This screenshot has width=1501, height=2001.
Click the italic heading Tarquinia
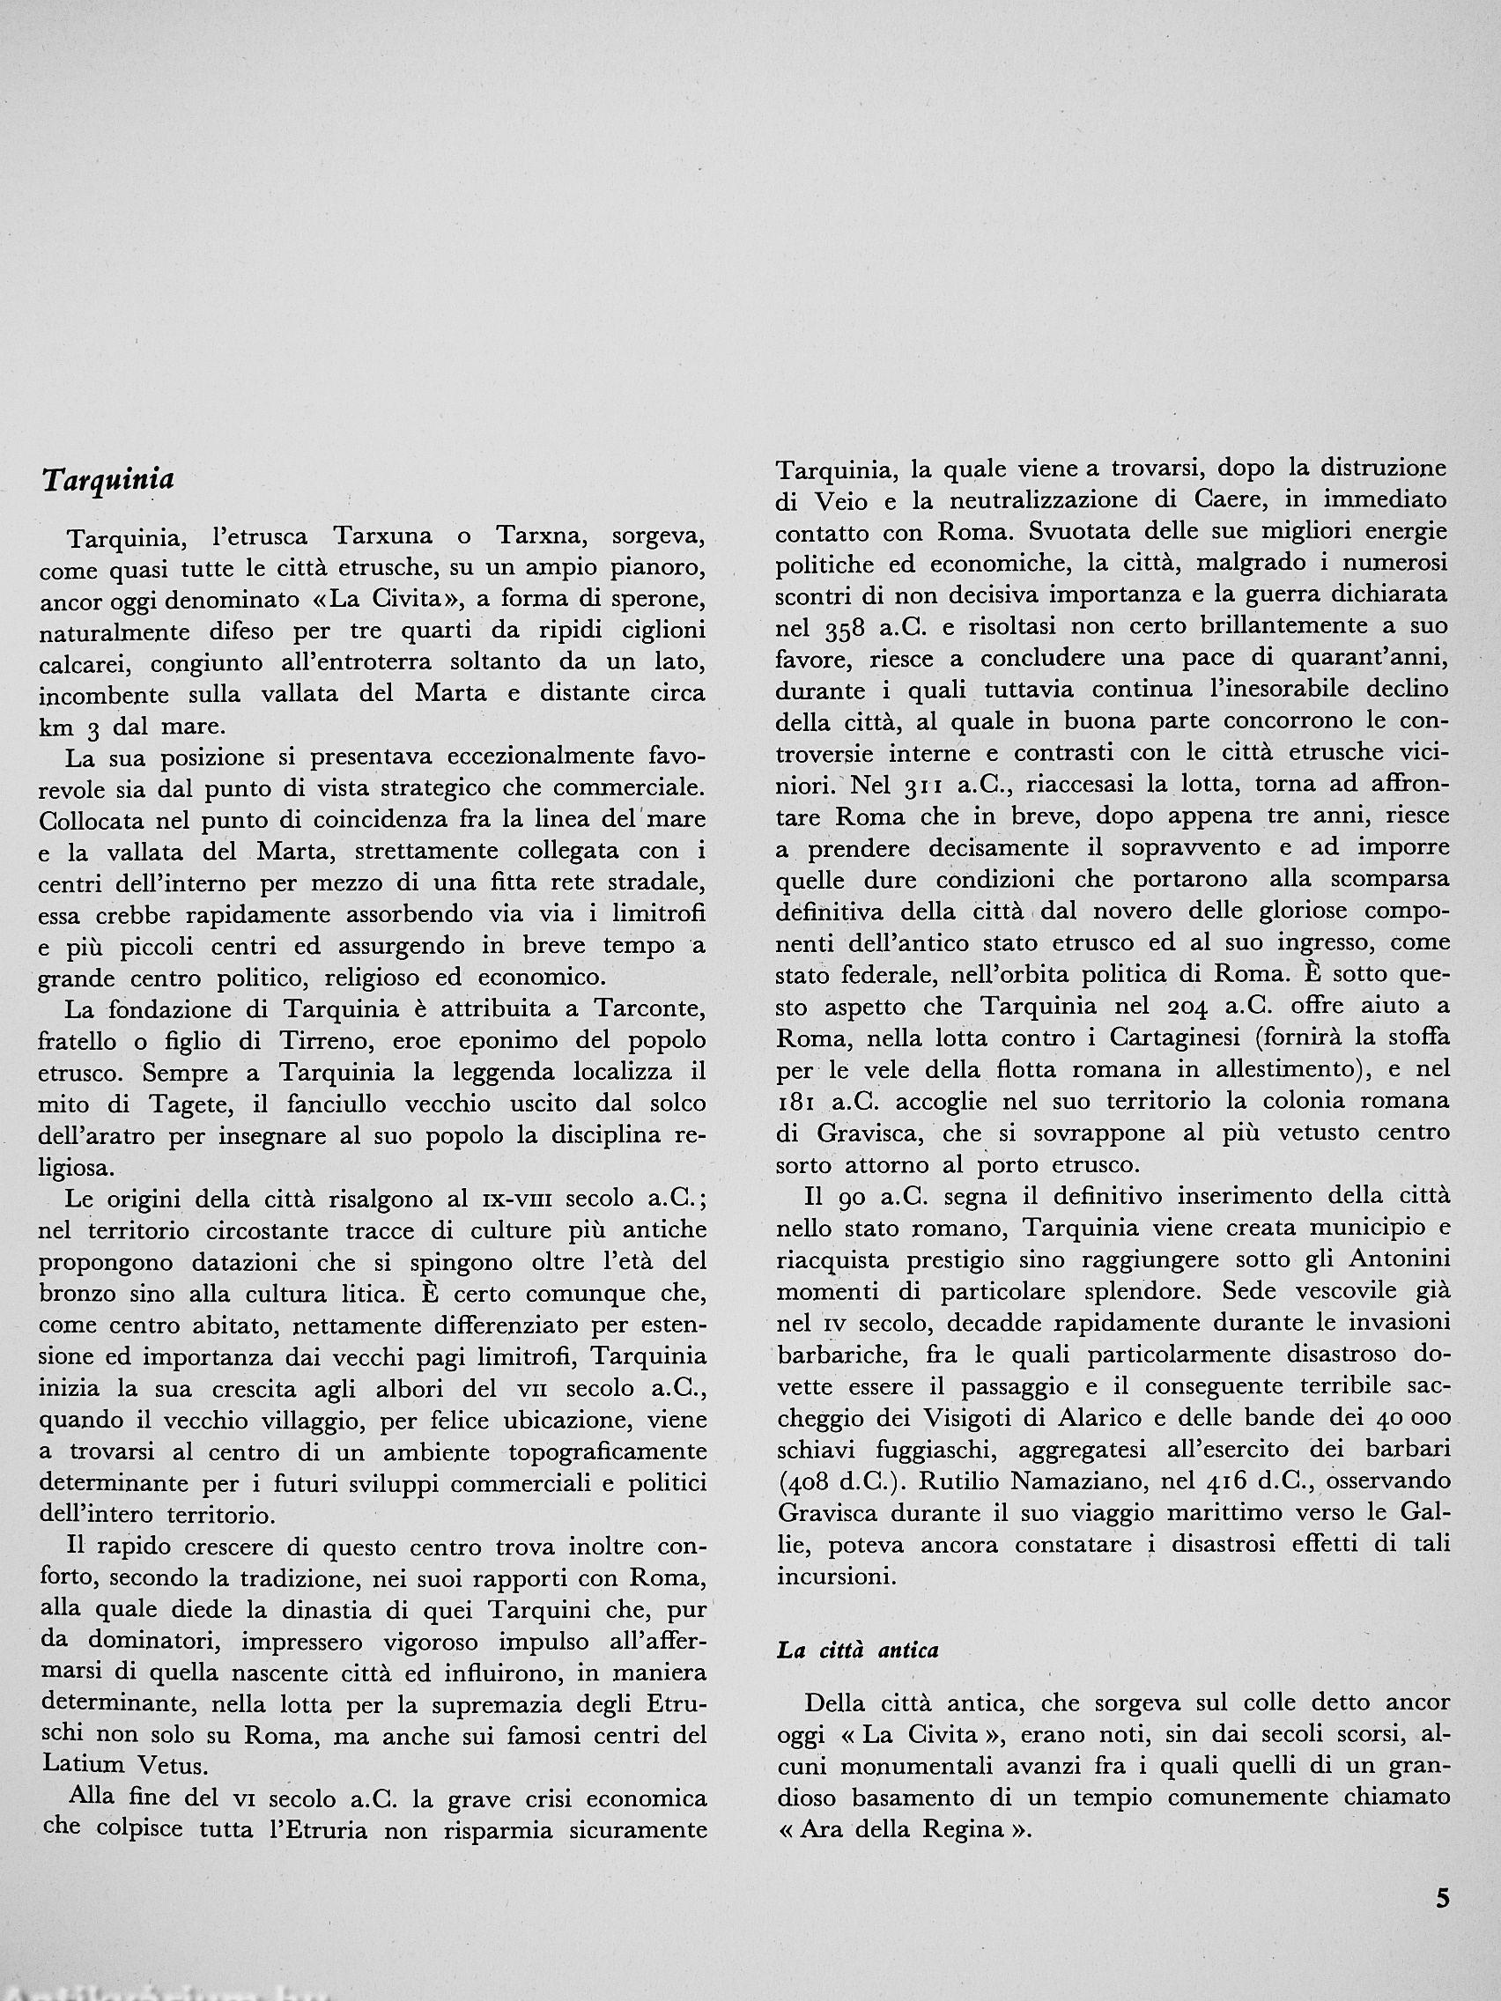click(107, 480)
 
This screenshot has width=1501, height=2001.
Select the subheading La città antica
click(858, 1650)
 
